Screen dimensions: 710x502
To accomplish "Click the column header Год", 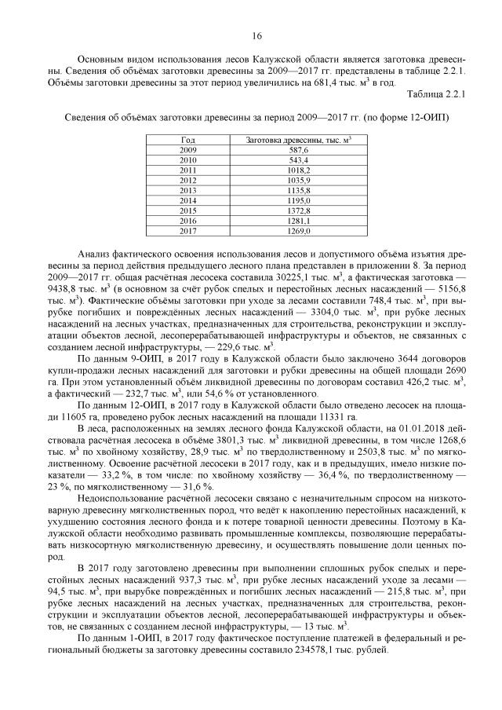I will (x=188, y=139).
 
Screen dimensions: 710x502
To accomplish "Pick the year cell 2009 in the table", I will (x=188, y=149).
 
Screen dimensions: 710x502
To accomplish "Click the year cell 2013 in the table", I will (x=188, y=190).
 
